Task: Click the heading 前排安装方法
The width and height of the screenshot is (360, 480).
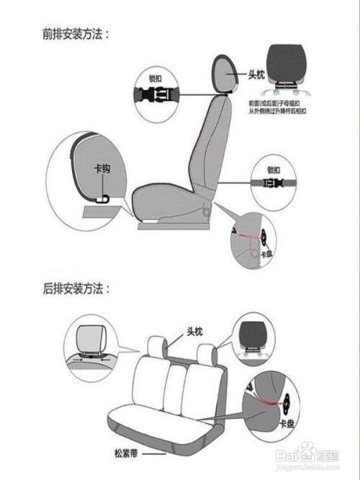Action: (x=75, y=33)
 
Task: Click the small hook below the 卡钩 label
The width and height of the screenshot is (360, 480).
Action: (x=105, y=196)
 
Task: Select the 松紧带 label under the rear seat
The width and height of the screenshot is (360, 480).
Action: (x=125, y=454)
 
